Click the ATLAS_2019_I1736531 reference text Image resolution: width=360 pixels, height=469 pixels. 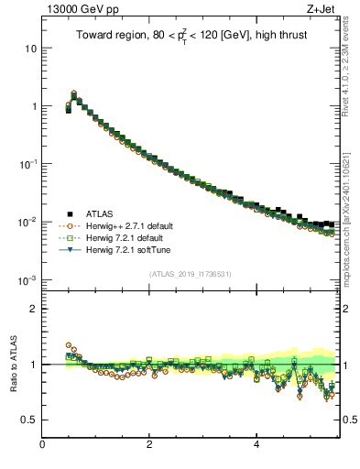191,275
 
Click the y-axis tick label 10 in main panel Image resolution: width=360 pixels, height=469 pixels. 31,48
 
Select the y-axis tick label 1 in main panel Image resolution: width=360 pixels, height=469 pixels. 34,106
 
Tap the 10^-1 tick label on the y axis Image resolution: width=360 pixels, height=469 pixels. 29,163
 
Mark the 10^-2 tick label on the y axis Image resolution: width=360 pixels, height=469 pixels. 29,221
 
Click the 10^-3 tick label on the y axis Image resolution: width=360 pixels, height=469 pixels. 29,278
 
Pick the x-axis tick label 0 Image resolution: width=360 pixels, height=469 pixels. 42,445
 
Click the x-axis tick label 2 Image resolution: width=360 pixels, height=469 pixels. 149,445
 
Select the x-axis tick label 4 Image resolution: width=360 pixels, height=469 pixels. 256,445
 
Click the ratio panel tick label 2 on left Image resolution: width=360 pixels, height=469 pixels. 34,309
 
